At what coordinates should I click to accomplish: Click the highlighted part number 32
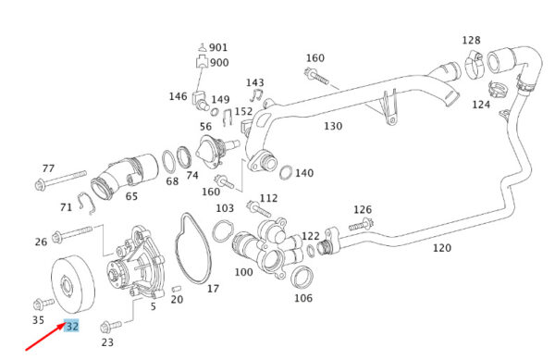[72, 326]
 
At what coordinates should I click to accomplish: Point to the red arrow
[45, 337]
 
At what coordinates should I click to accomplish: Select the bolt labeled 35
[43, 304]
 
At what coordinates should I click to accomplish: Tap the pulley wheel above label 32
[73, 284]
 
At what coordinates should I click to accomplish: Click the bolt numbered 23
[111, 326]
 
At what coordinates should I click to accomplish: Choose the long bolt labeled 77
[60, 180]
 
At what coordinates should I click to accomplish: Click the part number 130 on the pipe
[333, 126]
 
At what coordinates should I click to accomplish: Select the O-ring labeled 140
[286, 172]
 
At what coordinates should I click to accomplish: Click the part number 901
[218, 47]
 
